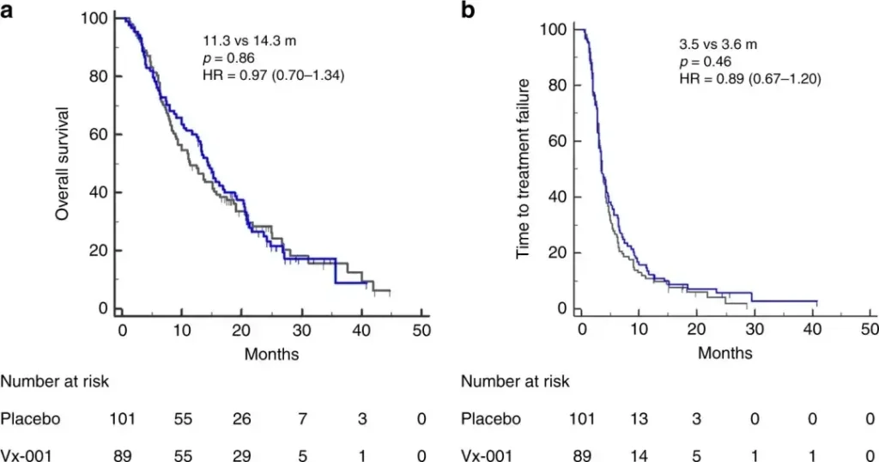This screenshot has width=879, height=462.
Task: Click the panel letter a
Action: [x=8, y=10]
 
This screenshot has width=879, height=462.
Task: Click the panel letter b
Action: [x=469, y=10]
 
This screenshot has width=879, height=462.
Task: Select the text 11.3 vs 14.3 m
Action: [x=243, y=39]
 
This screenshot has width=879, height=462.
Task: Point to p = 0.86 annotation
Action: [x=222, y=58]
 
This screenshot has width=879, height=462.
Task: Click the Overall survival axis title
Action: [x=62, y=163]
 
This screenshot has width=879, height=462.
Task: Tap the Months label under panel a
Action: [x=271, y=353]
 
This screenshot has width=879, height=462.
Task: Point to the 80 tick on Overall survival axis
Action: [x=100, y=76]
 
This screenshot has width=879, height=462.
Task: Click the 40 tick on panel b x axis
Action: [x=813, y=330]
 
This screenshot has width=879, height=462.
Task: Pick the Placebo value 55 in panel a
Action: [x=181, y=418]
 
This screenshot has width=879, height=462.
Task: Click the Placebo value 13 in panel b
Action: [x=640, y=418]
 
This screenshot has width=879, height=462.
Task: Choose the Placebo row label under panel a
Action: [x=27, y=418]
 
